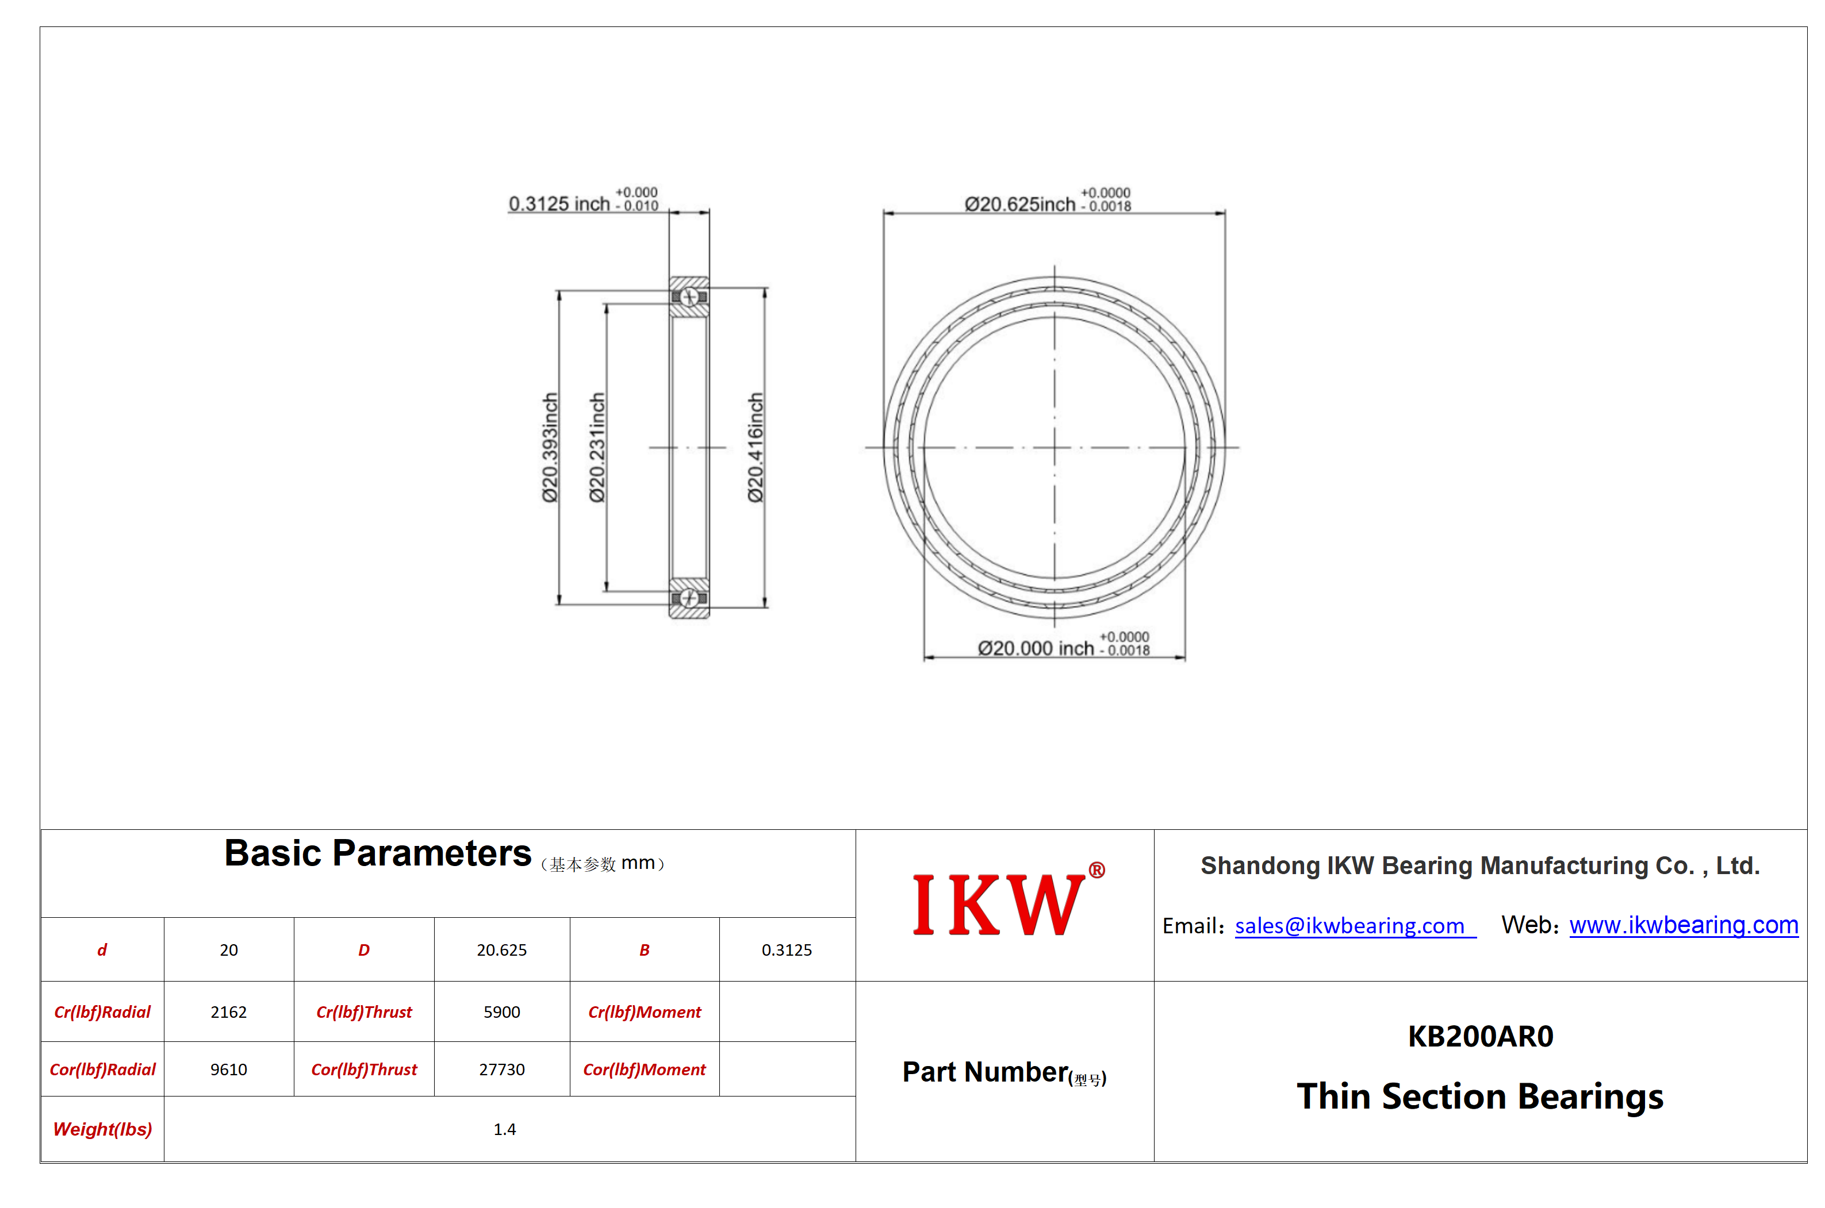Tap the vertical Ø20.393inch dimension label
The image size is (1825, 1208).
(550, 448)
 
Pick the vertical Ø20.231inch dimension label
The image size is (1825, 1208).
(597, 448)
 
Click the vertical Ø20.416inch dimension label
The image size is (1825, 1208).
(756, 448)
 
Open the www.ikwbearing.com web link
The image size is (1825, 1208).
(1683, 925)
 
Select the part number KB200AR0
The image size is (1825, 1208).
(1480, 1036)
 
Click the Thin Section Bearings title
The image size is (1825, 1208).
(1480, 1097)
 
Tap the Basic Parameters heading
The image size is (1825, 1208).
(378, 853)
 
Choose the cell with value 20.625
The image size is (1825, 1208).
(502, 950)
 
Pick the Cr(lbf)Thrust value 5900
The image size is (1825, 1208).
(502, 1011)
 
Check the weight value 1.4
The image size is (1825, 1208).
(505, 1129)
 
